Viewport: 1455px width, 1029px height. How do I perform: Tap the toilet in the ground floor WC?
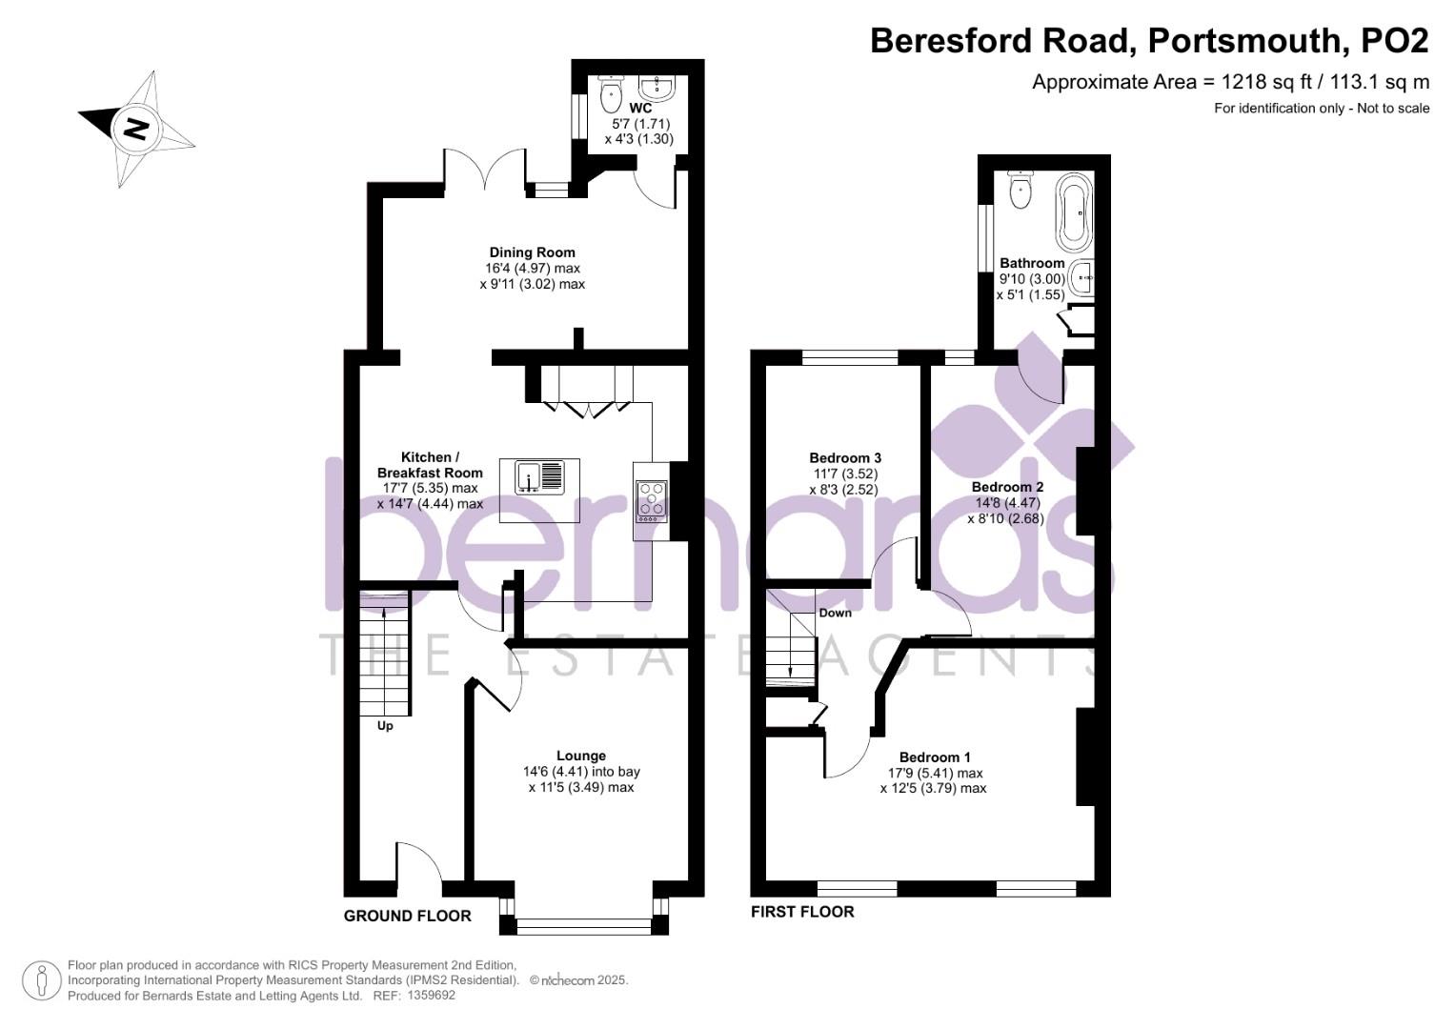point(609,92)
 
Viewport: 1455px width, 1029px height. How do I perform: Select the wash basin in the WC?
point(657,89)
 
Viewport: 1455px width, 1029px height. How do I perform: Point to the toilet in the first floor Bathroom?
point(1021,189)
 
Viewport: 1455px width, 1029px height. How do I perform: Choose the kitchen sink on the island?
point(539,476)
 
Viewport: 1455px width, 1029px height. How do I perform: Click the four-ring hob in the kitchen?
point(652,500)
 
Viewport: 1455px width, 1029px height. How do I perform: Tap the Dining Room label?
point(533,252)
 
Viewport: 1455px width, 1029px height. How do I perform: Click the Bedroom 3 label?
point(844,457)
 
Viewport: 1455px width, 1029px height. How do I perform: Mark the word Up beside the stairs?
point(385,726)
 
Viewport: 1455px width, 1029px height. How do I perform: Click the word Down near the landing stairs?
point(835,613)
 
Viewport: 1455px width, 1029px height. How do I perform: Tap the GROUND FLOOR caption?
point(407,916)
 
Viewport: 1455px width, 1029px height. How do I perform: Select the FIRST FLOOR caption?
point(802,912)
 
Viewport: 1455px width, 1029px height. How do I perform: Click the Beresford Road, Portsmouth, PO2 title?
point(1149,41)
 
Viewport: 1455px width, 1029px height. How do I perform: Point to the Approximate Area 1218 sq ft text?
point(1230,82)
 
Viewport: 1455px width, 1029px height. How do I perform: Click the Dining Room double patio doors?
point(485,171)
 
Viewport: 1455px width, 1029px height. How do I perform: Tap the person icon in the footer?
point(42,980)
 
